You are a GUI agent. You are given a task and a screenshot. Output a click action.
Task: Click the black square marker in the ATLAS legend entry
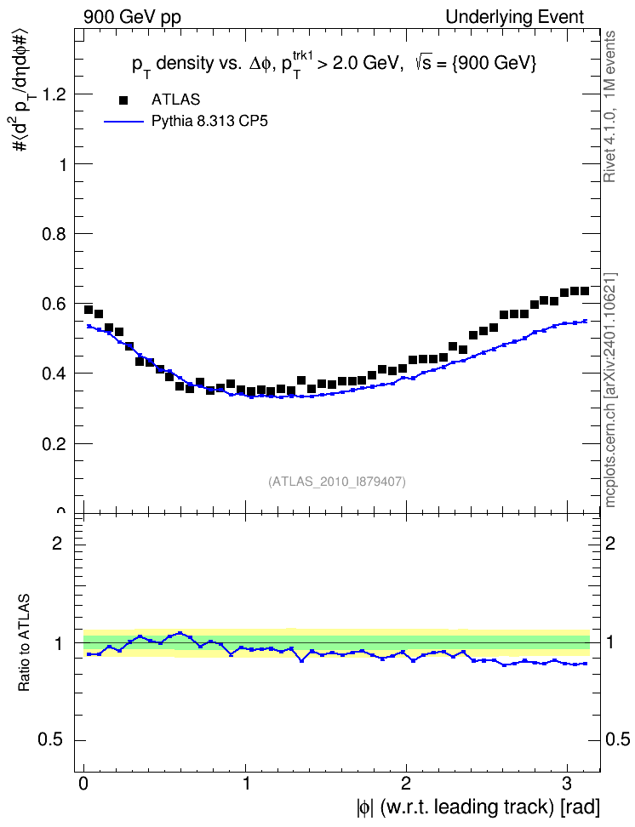123,100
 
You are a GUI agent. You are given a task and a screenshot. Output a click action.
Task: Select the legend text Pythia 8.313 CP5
209,122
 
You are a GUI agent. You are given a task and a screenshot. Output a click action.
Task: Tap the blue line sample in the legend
123,122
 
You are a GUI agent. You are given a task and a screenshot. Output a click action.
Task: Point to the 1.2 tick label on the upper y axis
54,94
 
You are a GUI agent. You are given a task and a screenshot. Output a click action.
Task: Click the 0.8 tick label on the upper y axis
54,234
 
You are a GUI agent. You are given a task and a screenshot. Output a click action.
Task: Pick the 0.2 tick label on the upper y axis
54,444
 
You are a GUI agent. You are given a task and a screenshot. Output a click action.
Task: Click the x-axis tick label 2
405,784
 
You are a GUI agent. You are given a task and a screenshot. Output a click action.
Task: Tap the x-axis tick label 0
83,784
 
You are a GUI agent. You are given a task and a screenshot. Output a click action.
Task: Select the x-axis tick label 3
566,784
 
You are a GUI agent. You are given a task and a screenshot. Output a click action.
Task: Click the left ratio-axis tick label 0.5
50,740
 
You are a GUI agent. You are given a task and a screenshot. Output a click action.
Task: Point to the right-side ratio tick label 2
610,543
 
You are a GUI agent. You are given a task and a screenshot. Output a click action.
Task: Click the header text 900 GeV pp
132,17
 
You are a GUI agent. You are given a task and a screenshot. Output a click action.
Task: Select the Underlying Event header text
515,17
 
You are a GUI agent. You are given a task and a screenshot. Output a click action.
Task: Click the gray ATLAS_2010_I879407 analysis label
337,482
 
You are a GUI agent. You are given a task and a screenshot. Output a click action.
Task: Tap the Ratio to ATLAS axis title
24,643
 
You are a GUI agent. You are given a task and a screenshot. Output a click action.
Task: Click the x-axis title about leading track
478,807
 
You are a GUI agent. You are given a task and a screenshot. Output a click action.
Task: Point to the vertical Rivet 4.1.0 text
609,106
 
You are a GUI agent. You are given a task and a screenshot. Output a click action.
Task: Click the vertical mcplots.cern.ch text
609,390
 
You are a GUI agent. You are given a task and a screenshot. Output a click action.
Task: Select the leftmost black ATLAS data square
89,310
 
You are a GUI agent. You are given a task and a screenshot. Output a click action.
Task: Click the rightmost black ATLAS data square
584,291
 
